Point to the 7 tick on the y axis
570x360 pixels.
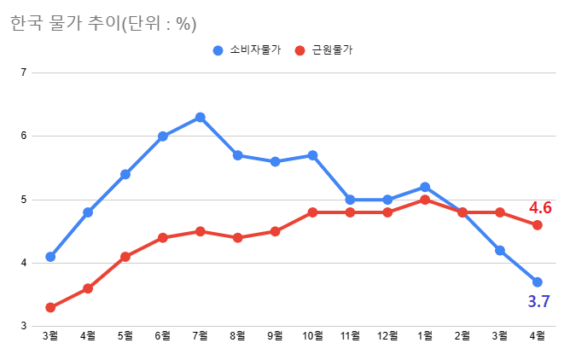23,73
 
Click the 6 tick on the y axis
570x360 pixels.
23,136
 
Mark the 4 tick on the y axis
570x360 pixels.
23,263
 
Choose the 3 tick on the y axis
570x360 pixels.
23,326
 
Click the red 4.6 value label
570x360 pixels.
540,207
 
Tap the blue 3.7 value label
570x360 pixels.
538,301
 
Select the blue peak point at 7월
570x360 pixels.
200,117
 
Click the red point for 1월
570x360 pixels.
425,200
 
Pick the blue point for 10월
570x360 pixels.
312,155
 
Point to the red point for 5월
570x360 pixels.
125,257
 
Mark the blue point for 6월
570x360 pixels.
162,136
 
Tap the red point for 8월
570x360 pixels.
237,237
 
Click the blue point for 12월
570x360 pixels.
387,200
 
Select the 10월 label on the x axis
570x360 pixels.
312,336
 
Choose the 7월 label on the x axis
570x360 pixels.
200,336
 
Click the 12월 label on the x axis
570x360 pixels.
387,336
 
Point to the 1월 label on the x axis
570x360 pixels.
425,336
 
